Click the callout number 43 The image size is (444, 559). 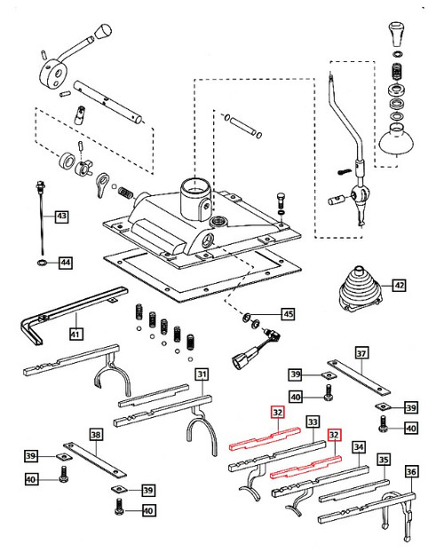tap(60, 216)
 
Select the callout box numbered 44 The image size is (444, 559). tap(65, 262)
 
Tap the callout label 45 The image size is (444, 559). tap(287, 313)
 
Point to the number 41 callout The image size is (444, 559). tap(75, 335)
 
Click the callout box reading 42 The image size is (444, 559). tap(399, 286)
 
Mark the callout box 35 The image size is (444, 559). tap(383, 461)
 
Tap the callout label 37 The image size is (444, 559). tap(361, 352)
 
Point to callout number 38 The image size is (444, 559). tap(95, 435)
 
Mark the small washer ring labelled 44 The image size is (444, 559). tap(41, 264)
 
